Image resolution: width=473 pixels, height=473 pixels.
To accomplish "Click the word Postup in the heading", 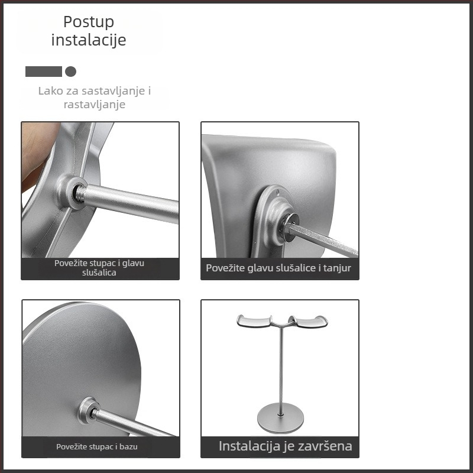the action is (89, 22).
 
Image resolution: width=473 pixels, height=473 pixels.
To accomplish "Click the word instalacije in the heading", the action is (89, 40).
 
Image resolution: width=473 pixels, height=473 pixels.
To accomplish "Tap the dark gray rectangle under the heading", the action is (43, 72).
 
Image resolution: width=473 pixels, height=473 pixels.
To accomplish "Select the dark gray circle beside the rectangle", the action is (70, 72).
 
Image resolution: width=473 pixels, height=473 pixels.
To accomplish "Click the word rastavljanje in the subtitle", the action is (95, 105).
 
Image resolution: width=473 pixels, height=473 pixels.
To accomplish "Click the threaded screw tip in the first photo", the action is (80, 193).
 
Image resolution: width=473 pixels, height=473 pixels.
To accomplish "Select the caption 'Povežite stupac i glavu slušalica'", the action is (99, 268).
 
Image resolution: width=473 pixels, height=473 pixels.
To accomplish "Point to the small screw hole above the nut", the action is (277, 192).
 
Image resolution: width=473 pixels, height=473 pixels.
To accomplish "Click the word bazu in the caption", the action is (128, 446).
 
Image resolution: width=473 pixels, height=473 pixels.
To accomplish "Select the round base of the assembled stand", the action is (280, 418).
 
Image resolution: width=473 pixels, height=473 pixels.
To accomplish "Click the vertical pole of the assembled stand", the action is (281, 372).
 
